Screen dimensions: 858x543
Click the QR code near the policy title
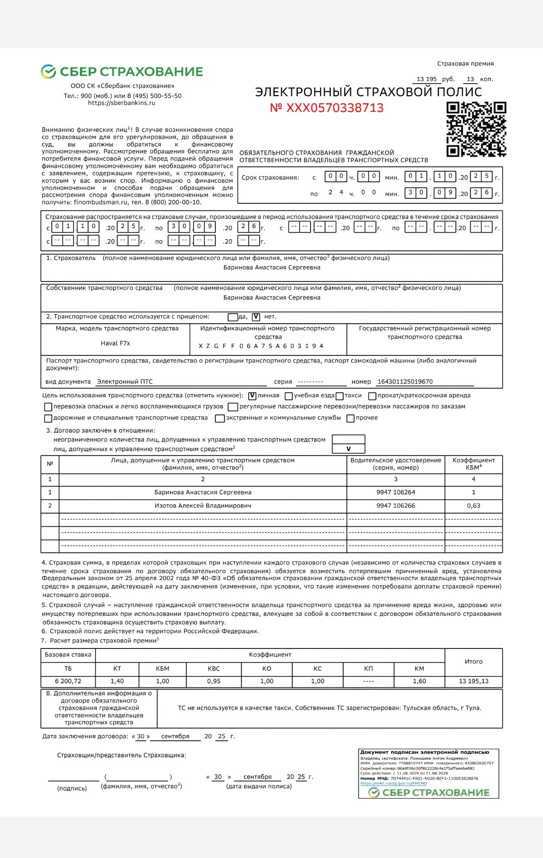coord(476,129)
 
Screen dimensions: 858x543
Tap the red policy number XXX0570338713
coord(327,108)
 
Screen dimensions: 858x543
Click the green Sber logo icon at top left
coord(48,71)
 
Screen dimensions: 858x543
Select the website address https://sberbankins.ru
coord(121,103)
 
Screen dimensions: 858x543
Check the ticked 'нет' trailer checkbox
coord(256,317)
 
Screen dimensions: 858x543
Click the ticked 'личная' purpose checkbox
coord(253,396)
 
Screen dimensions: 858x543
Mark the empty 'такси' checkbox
coord(340,396)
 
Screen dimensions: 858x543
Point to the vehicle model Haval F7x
coord(115,343)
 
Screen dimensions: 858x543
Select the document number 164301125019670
coord(405,382)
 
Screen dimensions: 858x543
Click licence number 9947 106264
coord(396,492)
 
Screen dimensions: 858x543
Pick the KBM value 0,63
coord(474,506)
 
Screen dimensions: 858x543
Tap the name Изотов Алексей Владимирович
coord(203,506)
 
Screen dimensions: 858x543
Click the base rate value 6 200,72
coord(68,681)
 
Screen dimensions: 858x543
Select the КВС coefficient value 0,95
coord(214,681)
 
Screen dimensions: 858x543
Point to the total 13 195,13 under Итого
coord(474,681)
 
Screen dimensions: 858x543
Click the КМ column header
coord(419,669)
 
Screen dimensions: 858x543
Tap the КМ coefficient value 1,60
coord(419,681)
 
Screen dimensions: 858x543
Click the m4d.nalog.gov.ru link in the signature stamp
coord(394,783)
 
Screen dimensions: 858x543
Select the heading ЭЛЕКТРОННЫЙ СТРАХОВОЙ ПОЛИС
coord(368,92)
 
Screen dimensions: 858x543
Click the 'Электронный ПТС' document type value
coord(125,382)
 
